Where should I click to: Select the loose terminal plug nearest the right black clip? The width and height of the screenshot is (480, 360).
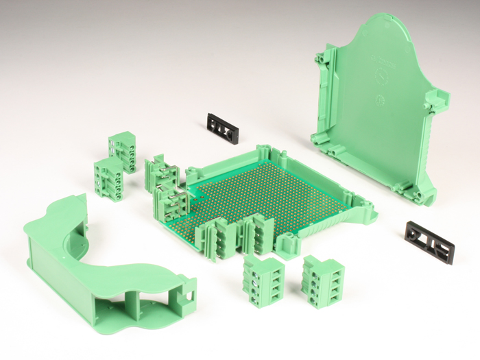click(x=321, y=281)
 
